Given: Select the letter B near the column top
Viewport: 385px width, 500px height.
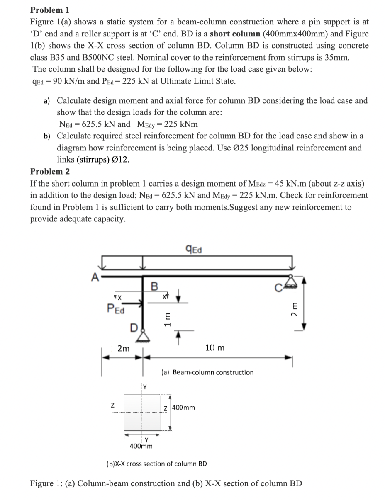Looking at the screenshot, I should point(154,286).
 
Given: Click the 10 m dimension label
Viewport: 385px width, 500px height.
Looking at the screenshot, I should point(215,347).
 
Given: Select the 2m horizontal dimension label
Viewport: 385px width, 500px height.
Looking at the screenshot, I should point(123,349).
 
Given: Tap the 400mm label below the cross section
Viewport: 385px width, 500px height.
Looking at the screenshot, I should point(141,446).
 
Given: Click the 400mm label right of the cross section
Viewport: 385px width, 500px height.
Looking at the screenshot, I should point(183,408).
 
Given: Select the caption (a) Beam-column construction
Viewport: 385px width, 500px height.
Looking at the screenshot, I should point(207,372).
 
